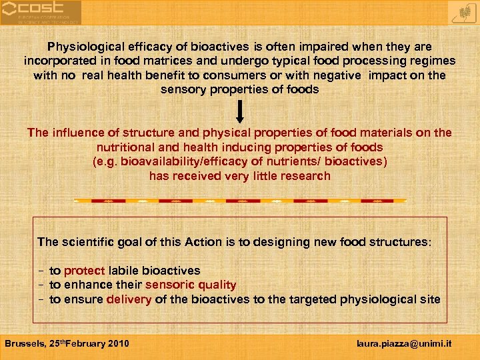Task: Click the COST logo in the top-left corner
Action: (40, 12)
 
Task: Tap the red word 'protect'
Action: (85, 271)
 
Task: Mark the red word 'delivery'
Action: (129, 299)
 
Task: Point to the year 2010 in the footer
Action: (118, 344)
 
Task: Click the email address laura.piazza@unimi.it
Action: (404, 344)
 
